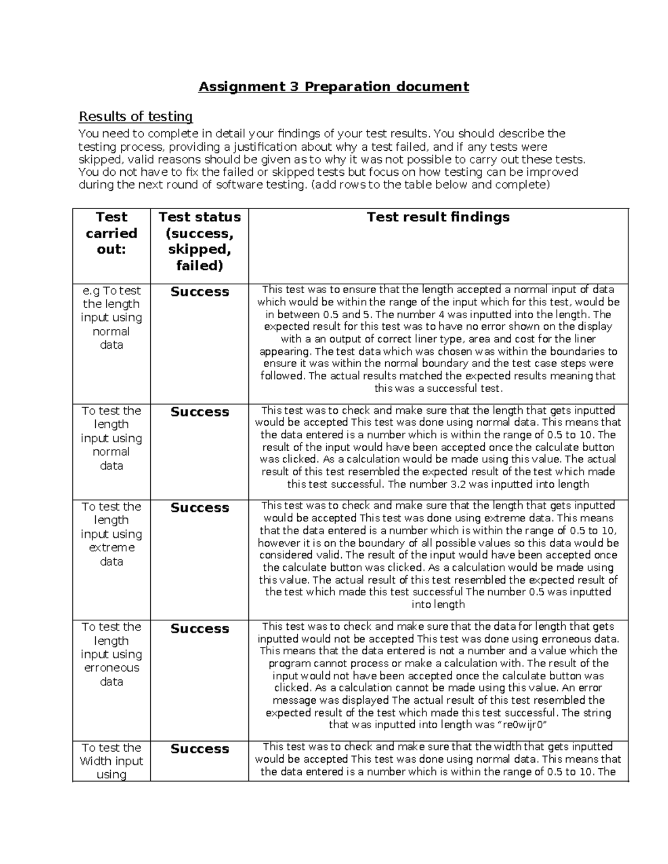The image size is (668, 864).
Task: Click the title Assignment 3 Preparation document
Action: click(x=334, y=87)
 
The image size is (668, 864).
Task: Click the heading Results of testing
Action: click(x=136, y=116)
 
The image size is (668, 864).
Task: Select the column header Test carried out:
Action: click(x=111, y=233)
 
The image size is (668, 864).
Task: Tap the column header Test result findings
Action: click(x=438, y=217)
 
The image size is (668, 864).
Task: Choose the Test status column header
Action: click(x=199, y=241)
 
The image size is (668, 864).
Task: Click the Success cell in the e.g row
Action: click(x=199, y=292)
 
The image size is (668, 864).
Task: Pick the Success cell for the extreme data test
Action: click(x=199, y=508)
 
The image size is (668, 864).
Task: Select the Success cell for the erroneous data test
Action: click(x=199, y=629)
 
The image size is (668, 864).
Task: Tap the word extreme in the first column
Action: click(x=111, y=548)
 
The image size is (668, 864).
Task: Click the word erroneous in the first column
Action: click(x=111, y=668)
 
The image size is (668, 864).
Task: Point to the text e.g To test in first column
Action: click(x=111, y=291)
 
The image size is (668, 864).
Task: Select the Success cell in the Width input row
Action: click(x=199, y=749)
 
